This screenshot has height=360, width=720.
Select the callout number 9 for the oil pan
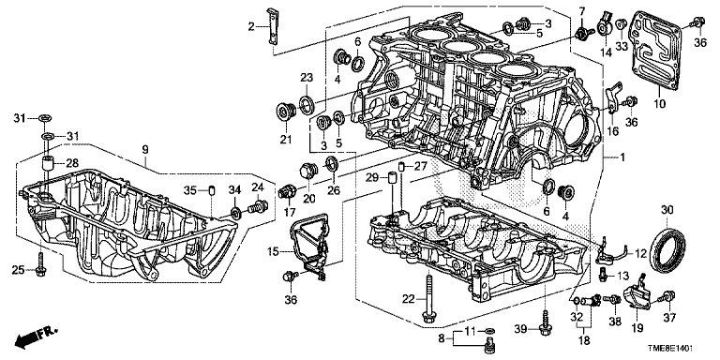pyautogui.click(x=145, y=149)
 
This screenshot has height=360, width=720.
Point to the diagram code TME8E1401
pyautogui.click(x=671, y=349)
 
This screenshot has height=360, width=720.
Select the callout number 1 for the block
pyautogui.click(x=622, y=157)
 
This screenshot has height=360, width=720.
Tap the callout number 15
pyautogui.click(x=273, y=251)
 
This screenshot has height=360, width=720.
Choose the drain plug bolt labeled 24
pyautogui.click(x=258, y=207)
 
